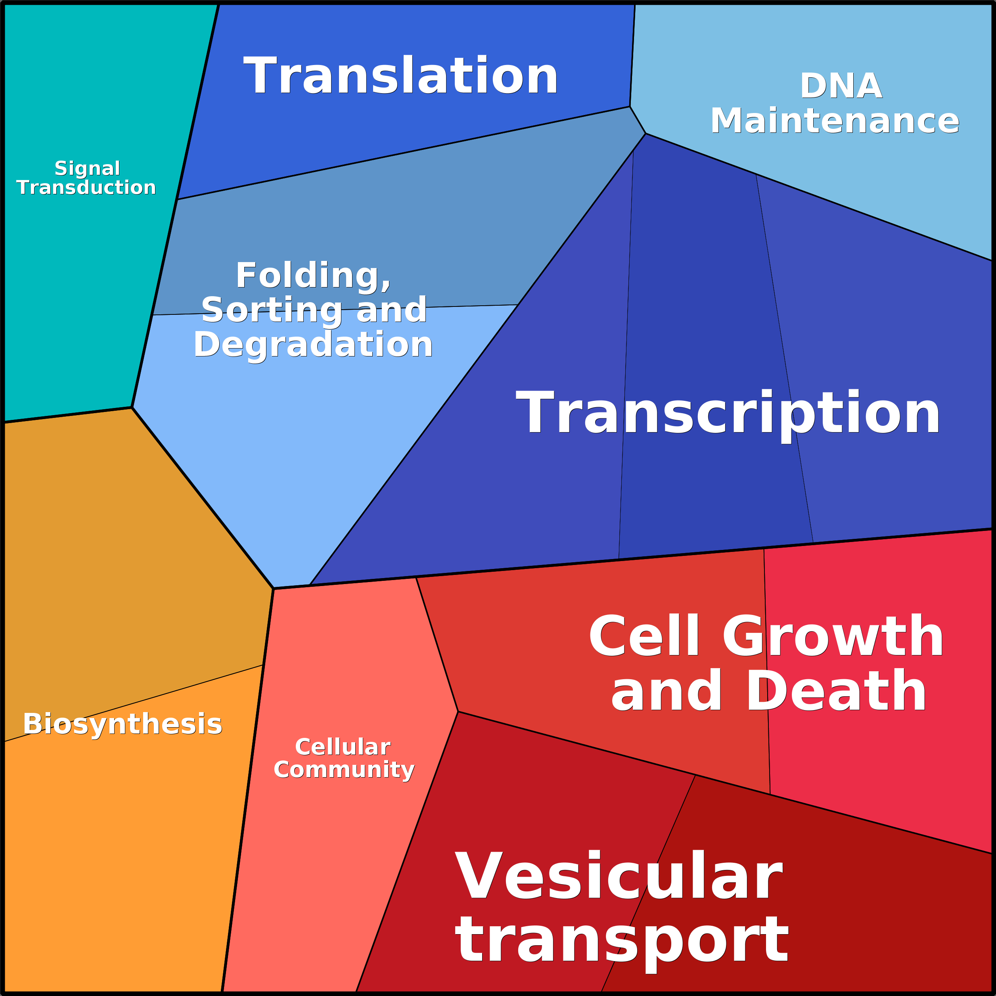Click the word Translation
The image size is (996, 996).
[400, 75]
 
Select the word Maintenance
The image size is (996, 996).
[835, 121]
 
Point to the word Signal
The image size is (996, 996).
[87, 169]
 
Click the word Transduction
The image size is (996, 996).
[86, 187]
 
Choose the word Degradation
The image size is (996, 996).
[313, 345]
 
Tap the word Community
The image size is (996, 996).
[344, 770]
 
